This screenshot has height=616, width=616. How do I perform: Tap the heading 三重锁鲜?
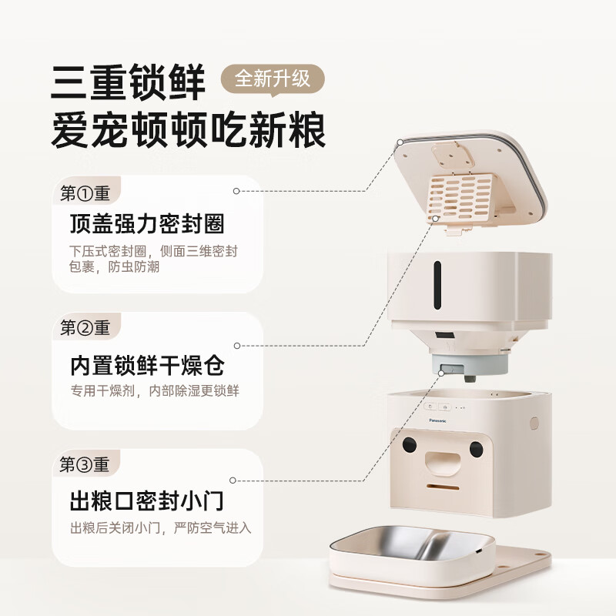129,82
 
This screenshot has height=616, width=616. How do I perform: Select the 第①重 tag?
85,192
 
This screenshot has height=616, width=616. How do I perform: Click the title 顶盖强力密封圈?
146,226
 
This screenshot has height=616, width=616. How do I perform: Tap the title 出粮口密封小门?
146,501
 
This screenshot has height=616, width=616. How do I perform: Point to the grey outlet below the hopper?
467,368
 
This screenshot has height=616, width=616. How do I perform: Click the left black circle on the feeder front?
410,445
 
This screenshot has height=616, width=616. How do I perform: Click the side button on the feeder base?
534,423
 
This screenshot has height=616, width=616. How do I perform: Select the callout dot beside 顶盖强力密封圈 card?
237,189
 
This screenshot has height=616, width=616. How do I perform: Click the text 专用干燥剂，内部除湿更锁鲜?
154,391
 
